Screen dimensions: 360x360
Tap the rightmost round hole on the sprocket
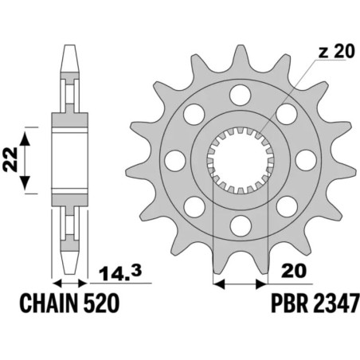tap(305, 160)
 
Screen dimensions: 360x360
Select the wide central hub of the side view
tap(68, 158)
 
